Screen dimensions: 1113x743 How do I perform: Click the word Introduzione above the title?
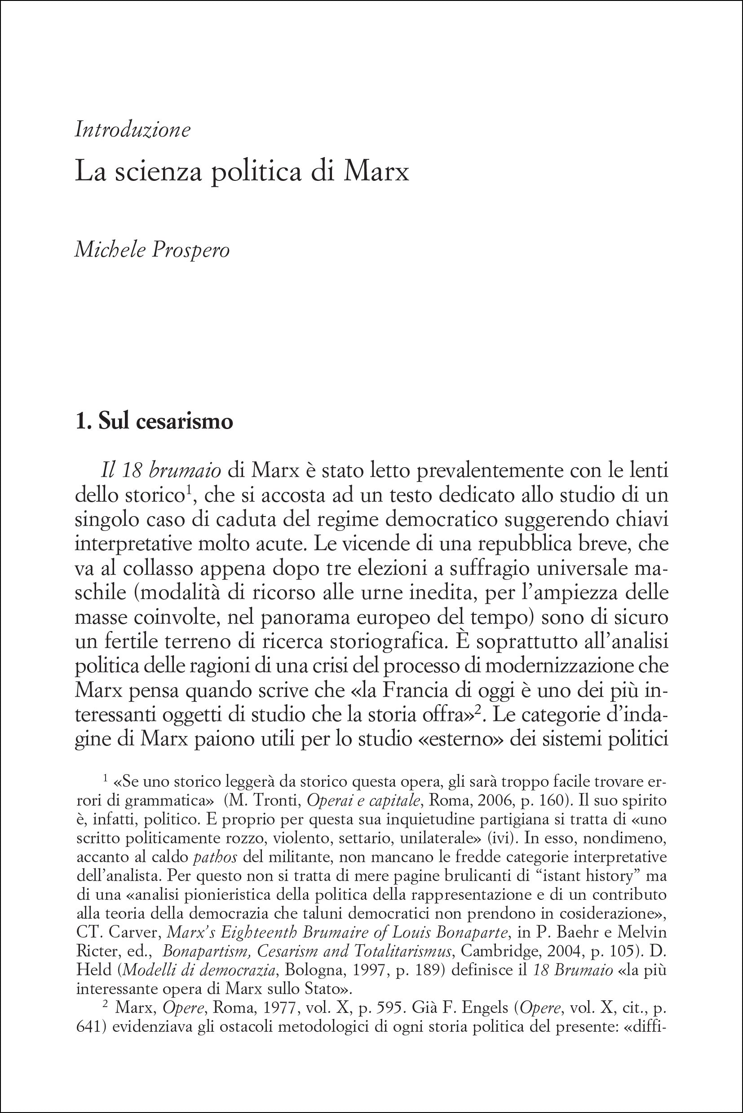(x=133, y=130)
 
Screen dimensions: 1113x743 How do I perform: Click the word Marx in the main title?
(x=376, y=171)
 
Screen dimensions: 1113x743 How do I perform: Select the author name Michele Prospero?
(x=152, y=250)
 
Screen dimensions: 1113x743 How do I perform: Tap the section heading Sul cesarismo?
(x=165, y=421)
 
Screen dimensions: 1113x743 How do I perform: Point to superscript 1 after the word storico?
(x=188, y=491)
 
